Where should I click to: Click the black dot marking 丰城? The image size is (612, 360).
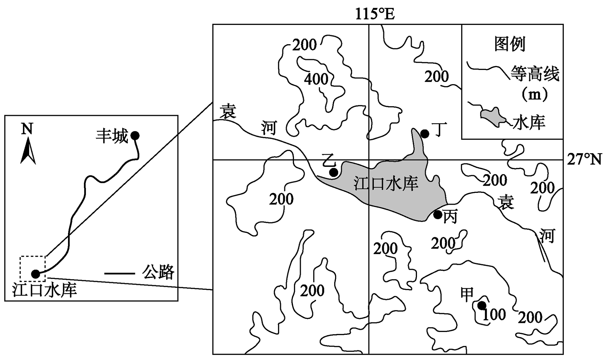pyautogui.click(x=135, y=135)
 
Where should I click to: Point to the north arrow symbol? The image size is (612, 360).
pyautogui.click(x=28, y=151)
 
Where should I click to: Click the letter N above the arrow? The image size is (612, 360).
pyautogui.click(x=27, y=129)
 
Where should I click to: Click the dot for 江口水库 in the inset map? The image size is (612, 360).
pyautogui.click(x=36, y=274)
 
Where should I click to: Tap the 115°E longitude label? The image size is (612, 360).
pyautogui.click(x=375, y=14)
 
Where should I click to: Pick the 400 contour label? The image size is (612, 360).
pyautogui.click(x=316, y=79)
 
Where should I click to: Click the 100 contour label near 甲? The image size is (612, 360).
pyautogui.click(x=494, y=314)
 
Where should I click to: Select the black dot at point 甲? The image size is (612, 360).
pyautogui.click(x=481, y=305)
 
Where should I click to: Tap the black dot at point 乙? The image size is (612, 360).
pyautogui.click(x=334, y=173)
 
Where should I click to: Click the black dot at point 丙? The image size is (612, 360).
pyautogui.click(x=438, y=215)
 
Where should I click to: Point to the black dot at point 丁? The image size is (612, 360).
pyautogui.click(x=424, y=134)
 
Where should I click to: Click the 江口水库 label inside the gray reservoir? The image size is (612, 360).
pyautogui.click(x=386, y=184)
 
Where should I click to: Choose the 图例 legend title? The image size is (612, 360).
pyautogui.click(x=510, y=44)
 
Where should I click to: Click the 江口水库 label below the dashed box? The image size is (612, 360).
pyautogui.click(x=45, y=290)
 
